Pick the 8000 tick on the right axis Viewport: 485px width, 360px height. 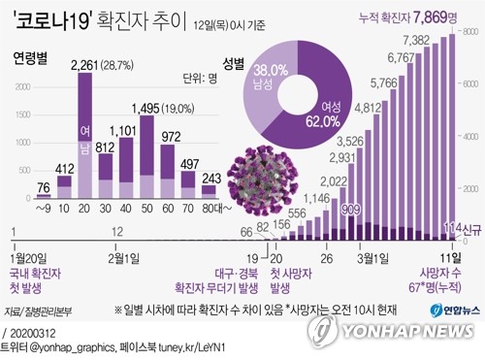pos(469,33)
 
